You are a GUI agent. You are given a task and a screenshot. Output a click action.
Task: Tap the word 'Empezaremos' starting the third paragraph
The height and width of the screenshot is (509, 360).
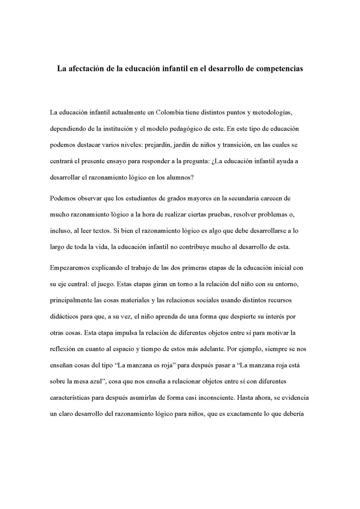(x=69, y=268)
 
